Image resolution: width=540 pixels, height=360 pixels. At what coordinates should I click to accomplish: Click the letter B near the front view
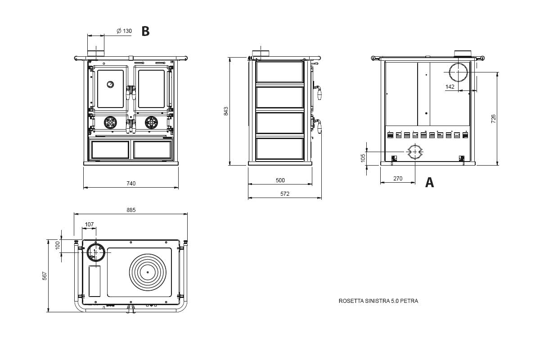[x=145, y=31]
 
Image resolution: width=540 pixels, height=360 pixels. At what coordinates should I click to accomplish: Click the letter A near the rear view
[x=429, y=183]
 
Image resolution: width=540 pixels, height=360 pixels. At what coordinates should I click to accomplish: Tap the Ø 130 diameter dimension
[x=124, y=31]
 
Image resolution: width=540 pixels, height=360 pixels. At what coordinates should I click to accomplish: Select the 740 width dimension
[x=131, y=183]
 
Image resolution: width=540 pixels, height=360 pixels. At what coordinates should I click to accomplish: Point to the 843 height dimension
[x=226, y=111]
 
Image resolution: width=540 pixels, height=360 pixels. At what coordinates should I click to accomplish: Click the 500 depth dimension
[x=280, y=180]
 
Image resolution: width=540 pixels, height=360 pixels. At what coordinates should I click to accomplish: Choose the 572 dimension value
[x=285, y=193]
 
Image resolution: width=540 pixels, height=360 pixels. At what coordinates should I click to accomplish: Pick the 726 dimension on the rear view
[x=494, y=119]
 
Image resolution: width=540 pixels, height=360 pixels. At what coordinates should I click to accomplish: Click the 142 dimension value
[x=450, y=86]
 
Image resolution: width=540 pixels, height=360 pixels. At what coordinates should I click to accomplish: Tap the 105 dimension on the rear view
[x=363, y=158]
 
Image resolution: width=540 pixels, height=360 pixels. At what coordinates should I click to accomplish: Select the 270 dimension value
[x=398, y=179]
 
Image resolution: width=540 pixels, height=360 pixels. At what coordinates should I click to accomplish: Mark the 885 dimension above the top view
[x=131, y=210]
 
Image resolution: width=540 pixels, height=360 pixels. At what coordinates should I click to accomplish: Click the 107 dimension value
[x=89, y=224]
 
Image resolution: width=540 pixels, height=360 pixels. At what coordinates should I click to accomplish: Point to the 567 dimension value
[x=45, y=275]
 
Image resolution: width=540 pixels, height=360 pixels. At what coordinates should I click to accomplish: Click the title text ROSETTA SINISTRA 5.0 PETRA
[x=378, y=301]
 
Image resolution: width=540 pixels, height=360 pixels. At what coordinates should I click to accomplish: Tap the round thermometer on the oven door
[x=110, y=85]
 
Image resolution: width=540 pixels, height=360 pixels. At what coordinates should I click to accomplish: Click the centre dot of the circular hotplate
[x=148, y=272]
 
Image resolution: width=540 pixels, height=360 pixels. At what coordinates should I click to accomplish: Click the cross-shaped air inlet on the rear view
[x=415, y=152]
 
